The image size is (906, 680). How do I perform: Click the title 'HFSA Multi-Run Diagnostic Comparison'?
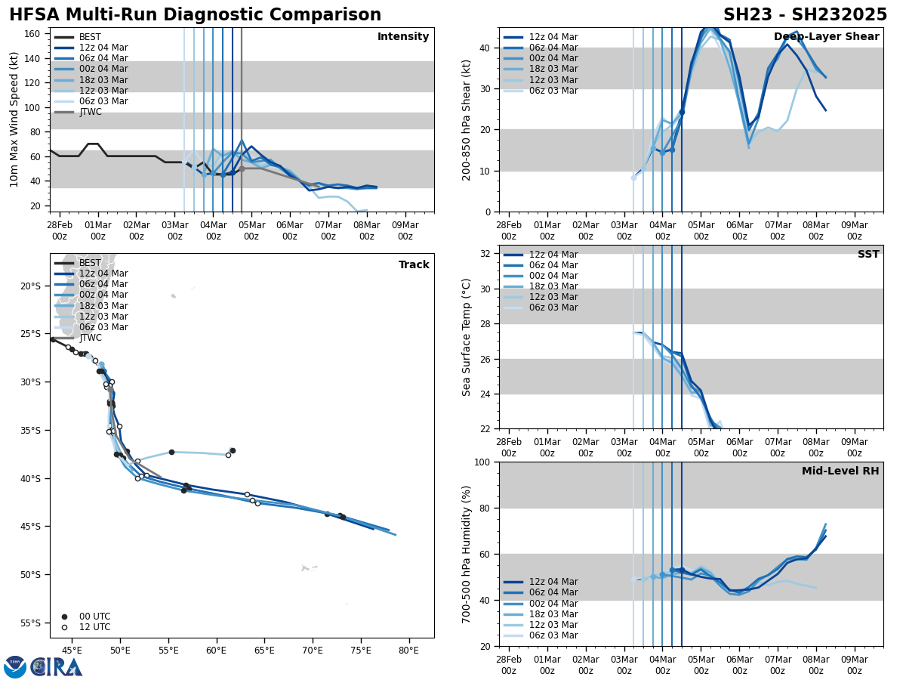[x=195, y=15]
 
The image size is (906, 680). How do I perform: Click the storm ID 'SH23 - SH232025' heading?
[x=805, y=15]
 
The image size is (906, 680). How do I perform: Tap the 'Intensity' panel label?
[x=403, y=37]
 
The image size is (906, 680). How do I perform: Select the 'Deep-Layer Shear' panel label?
[x=826, y=37]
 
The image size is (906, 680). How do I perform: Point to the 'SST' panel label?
[x=868, y=255]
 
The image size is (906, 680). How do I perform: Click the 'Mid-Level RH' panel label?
[x=840, y=471]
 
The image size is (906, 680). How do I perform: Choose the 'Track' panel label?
[x=414, y=265]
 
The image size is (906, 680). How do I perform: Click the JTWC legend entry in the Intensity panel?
[x=90, y=112]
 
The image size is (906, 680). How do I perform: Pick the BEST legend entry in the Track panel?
[x=90, y=263]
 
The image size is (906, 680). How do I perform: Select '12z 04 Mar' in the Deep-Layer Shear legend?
[x=553, y=37]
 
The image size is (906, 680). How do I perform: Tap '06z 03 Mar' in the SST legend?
[x=553, y=308]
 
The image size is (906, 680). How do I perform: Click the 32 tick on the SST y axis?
[x=487, y=254]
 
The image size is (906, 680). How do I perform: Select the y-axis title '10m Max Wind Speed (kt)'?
[x=14, y=119]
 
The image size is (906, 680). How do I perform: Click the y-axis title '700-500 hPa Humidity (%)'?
[x=467, y=555]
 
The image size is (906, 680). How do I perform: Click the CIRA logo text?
[x=56, y=667]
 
